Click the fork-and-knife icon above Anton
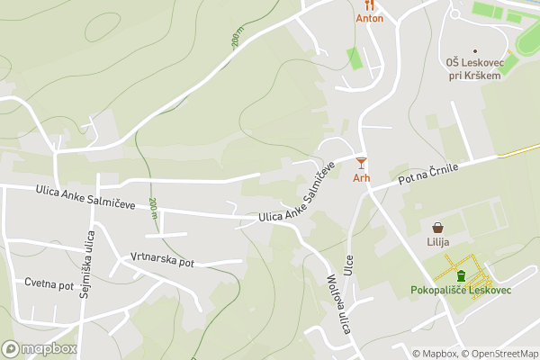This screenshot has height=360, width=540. pyautogui.click(x=369, y=4)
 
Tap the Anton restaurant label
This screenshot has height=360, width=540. pyautogui.click(x=369, y=18)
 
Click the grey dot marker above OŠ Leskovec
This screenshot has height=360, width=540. pyautogui.click(x=475, y=49)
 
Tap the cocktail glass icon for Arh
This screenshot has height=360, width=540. pyautogui.click(x=361, y=163)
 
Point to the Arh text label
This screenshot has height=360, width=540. pyautogui.click(x=361, y=178)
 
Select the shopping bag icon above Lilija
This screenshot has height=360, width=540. pyautogui.click(x=437, y=229)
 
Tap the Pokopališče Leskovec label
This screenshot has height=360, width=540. pyautogui.click(x=460, y=291)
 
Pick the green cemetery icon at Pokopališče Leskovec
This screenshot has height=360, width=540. pyautogui.click(x=461, y=275)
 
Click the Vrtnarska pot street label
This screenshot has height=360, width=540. pyautogui.click(x=162, y=260)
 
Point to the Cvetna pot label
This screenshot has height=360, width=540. pyautogui.click(x=49, y=284)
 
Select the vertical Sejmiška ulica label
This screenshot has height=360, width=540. pyautogui.click(x=85, y=264)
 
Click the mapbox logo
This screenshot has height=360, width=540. pyautogui.click(x=40, y=348)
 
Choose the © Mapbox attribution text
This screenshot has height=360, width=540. pyautogui.click(x=436, y=354)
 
